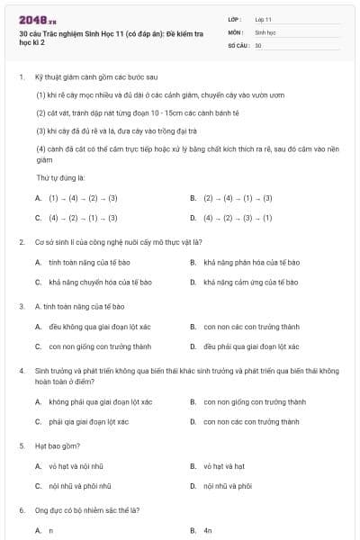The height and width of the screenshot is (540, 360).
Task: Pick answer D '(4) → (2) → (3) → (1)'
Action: coord(238,217)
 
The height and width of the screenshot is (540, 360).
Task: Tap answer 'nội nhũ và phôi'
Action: coord(227,486)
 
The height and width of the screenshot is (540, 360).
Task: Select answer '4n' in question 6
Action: coord(207,531)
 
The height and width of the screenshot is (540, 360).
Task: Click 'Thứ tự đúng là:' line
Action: coord(59,178)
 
